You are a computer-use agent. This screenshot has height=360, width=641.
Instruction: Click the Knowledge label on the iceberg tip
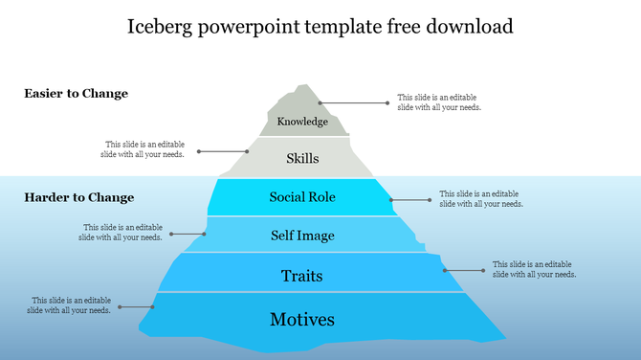[x=302, y=122]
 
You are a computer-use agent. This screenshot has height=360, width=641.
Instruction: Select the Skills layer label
[x=302, y=159]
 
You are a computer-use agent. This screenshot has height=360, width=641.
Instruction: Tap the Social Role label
[x=302, y=197]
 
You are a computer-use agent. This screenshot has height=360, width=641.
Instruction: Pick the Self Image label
[x=302, y=236]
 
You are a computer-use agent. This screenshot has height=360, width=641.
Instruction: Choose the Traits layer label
[x=302, y=276]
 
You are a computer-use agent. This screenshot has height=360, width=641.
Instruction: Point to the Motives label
[x=302, y=319]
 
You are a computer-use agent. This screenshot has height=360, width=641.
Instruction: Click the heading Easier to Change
[x=76, y=94]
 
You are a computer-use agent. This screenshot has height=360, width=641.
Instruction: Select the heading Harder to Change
[x=78, y=197]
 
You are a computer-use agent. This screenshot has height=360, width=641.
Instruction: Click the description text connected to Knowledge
[x=439, y=102]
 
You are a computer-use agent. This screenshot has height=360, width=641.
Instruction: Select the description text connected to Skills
[x=144, y=149]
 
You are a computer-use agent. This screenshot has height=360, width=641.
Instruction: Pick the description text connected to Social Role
[x=481, y=198]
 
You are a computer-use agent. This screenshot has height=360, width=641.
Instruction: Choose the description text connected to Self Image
[x=121, y=233]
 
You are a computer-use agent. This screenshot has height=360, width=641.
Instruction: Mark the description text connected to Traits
[x=534, y=269]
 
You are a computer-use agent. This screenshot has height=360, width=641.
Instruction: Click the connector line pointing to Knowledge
[x=354, y=102]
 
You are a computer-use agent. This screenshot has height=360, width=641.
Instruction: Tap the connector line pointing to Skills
[x=224, y=151]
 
